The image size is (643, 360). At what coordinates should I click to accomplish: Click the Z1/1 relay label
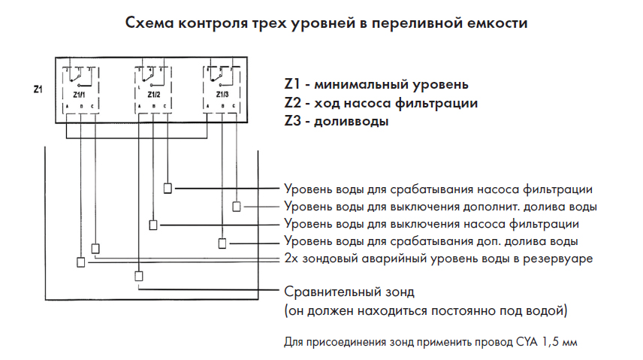79,95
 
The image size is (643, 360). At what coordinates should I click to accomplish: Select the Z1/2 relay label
152,95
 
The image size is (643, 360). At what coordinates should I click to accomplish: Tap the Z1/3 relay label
222,95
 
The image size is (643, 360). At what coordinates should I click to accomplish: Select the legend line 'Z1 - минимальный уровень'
376,83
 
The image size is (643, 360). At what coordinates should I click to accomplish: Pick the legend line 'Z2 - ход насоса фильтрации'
381,102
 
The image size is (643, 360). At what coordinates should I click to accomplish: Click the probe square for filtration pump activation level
168,188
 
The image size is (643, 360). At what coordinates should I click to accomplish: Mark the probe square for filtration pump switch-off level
153,225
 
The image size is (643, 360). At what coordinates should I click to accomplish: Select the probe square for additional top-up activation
222,243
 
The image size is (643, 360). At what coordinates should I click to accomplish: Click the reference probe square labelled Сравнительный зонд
138,275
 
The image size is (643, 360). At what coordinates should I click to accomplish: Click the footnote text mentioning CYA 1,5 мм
431,343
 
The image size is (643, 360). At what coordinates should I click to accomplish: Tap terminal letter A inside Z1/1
68,107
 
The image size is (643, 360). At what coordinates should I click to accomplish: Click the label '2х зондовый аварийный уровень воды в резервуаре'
439,259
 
